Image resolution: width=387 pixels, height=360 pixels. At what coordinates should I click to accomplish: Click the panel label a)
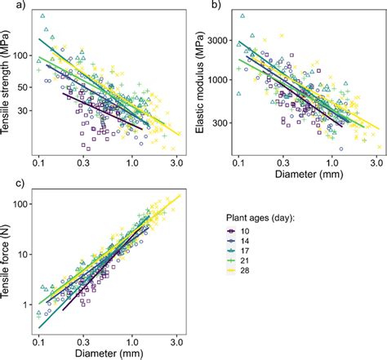pos(20,4)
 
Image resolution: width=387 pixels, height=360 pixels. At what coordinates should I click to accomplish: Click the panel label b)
pos(216,4)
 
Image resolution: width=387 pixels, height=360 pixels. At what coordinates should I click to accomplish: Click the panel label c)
pos(20,184)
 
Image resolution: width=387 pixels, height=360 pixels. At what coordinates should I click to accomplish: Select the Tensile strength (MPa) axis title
pos(5,82)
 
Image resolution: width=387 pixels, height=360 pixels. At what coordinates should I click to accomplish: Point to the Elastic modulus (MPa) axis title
pos(200,82)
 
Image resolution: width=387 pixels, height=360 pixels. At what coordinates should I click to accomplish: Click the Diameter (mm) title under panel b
pos(309,174)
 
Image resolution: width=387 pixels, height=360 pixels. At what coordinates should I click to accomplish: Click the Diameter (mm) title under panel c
pos(109,353)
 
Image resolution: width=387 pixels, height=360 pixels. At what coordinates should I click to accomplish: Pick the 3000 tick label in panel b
pos(218,41)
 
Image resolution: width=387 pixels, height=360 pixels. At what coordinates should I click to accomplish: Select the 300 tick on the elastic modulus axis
pos(220,123)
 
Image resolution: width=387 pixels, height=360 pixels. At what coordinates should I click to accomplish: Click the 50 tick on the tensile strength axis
pos(24,87)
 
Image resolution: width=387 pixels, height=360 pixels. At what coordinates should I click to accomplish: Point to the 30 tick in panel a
pos(24,111)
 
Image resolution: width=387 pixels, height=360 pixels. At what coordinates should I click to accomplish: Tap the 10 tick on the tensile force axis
pos(24,255)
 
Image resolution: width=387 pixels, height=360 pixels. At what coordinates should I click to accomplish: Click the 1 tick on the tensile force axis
pos(26,305)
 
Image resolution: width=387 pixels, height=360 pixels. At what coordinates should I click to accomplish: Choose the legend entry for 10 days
pos(238,231)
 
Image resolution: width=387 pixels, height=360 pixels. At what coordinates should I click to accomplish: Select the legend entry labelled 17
pos(238,251)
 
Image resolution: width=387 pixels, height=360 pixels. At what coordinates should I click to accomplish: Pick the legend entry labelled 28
pos(238,270)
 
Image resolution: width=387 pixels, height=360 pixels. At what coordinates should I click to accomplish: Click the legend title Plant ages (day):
pos(260,218)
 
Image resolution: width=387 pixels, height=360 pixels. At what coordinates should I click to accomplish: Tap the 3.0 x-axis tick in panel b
pos(376,163)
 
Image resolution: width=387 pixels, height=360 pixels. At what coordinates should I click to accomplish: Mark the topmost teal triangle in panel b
pos(242,16)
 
